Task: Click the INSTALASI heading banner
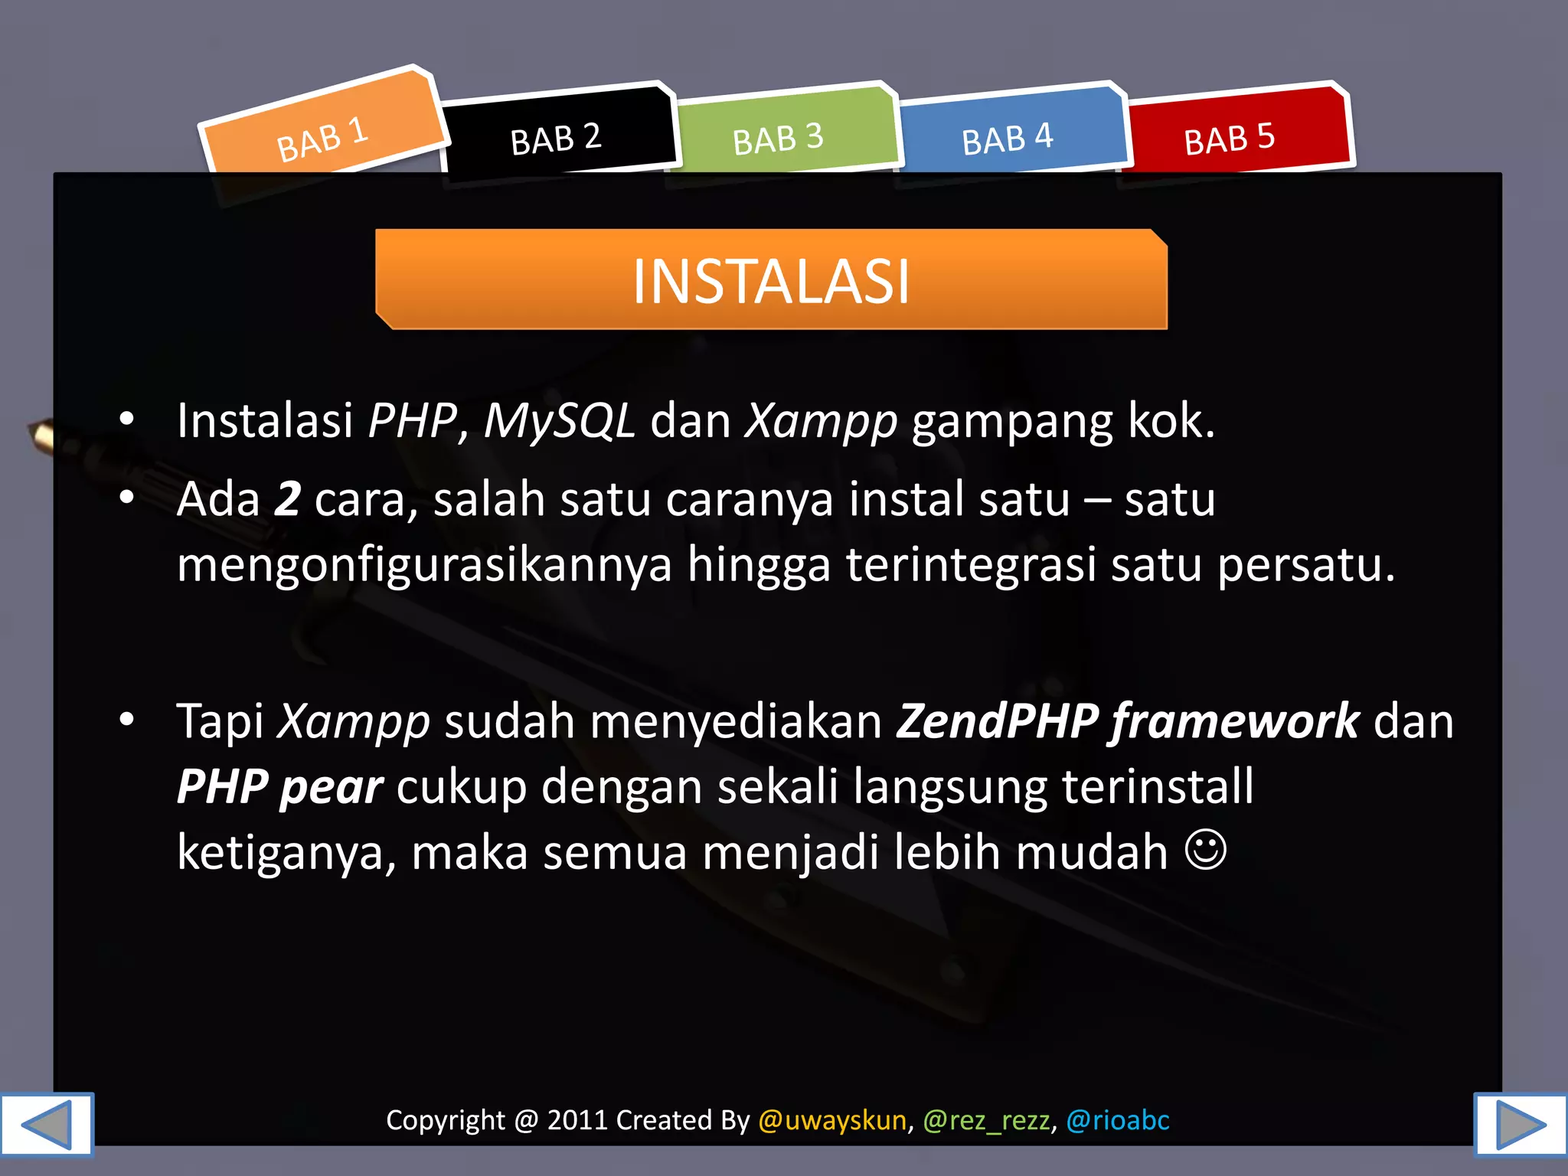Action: tap(771, 280)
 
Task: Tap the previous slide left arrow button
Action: tap(47, 1124)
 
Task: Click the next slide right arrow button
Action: tap(1521, 1124)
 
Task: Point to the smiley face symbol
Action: tap(1206, 850)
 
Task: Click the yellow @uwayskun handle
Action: tap(832, 1120)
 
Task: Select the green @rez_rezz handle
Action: tap(986, 1120)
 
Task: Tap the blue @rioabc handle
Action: tap(1118, 1120)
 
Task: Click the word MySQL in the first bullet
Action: tap(559, 421)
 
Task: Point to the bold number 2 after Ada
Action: tap(288, 499)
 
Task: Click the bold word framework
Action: tap(1235, 721)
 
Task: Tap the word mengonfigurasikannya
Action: tap(424, 565)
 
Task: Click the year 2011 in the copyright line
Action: tap(577, 1120)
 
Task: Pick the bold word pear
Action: tap(331, 787)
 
